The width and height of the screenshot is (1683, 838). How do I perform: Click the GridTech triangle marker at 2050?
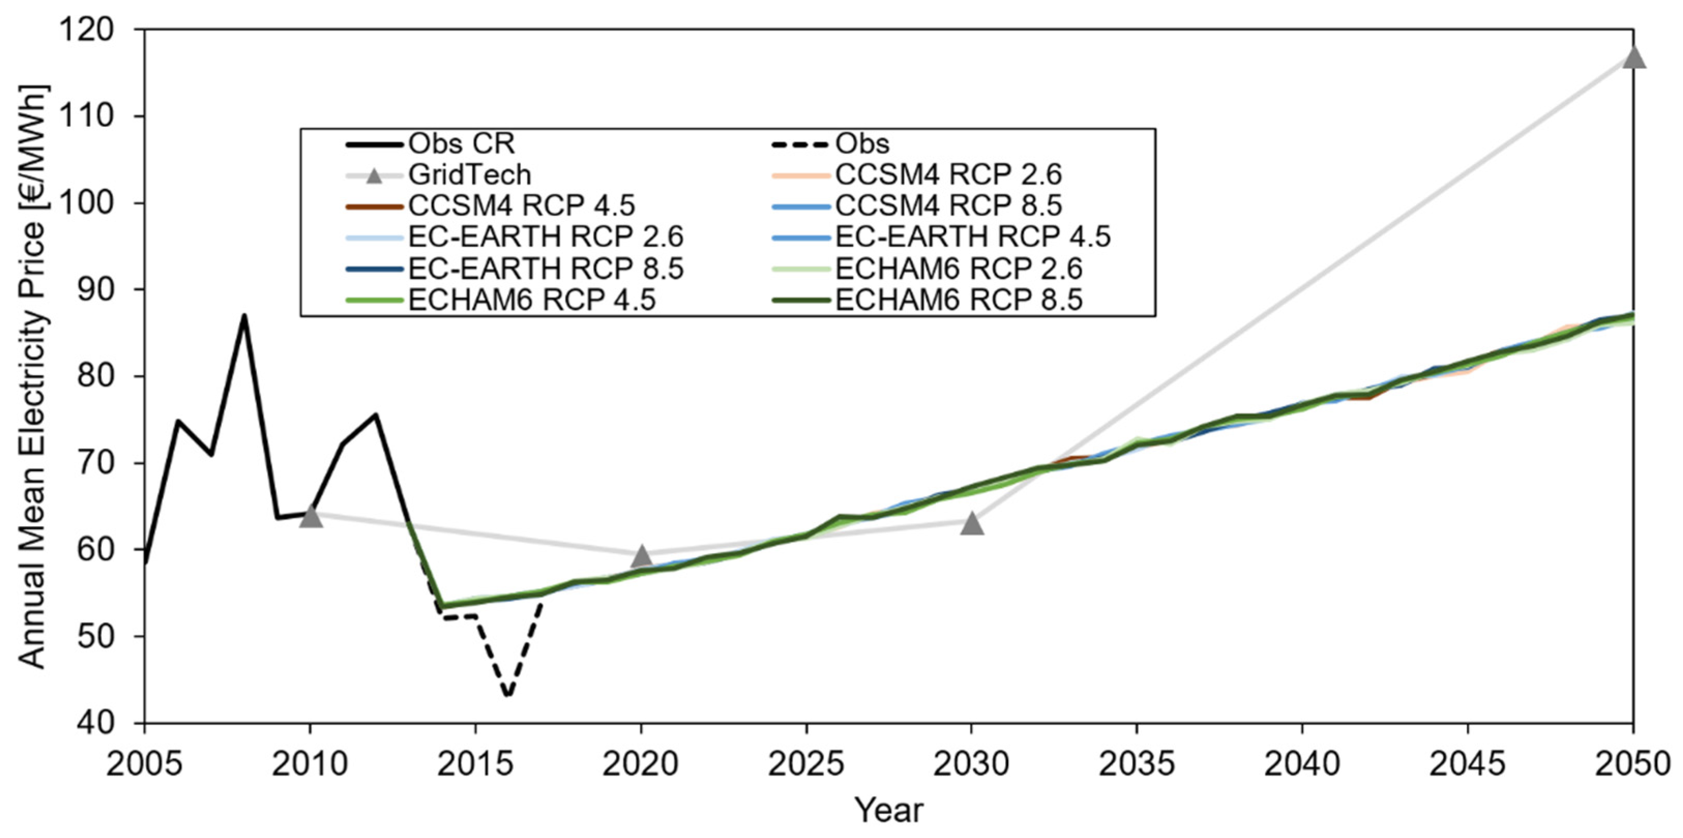tap(1633, 57)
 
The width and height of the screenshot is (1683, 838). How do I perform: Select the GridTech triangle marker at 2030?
tap(972, 523)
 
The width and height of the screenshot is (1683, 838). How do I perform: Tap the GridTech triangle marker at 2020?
tap(642, 556)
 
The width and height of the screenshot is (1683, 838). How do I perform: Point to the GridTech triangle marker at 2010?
tap(310, 517)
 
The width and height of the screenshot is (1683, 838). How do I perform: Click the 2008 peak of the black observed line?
tap(244, 316)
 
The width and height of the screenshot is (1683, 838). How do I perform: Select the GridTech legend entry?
tap(469, 174)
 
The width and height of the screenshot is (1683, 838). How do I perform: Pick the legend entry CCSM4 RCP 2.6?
tap(948, 174)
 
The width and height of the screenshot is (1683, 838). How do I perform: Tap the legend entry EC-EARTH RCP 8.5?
tap(545, 268)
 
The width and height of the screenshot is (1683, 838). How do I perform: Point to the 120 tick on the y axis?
tap(94, 30)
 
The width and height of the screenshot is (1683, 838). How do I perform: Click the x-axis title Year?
tap(889, 811)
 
